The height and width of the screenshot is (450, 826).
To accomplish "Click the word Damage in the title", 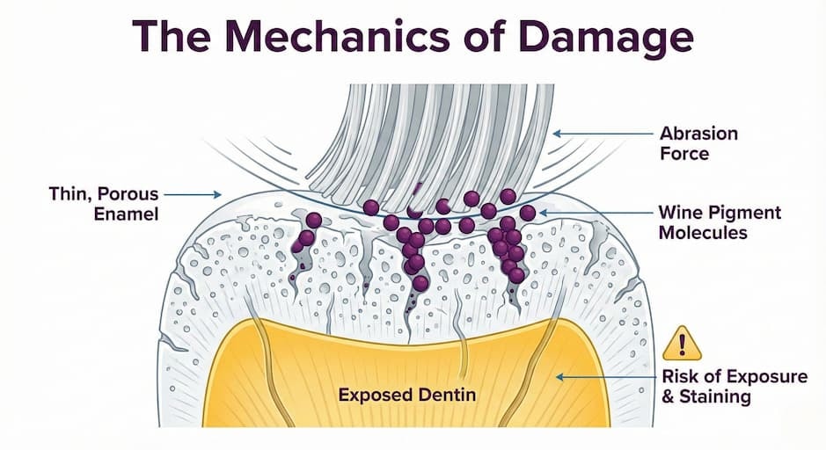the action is pos(605,38).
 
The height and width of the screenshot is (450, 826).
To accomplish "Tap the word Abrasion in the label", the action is pos(698,134).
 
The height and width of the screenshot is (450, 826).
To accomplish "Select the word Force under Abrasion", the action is pos(684,154).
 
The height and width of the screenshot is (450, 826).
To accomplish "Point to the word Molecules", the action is pos(703,233).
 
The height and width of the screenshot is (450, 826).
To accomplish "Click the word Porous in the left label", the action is pos(128,193).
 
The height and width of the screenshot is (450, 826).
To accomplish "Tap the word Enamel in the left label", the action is pos(126,214).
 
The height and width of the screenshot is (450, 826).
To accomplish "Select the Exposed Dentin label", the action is pos(406,395).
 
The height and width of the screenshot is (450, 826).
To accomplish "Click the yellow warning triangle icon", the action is pos(683,345).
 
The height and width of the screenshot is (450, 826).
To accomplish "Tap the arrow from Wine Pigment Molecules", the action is pos(596,213).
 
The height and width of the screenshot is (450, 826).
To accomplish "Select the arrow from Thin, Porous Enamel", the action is pos(193,195).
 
